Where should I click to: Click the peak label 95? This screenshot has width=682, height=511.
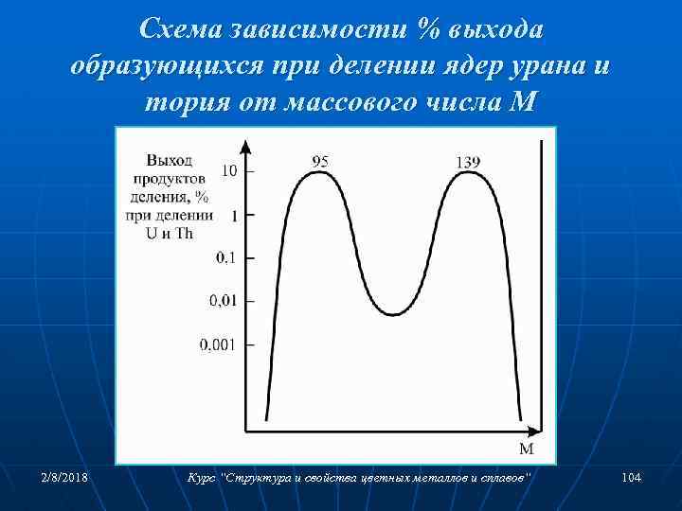click(x=320, y=162)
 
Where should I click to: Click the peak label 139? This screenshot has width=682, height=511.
click(x=468, y=162)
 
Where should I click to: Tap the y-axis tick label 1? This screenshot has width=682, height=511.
click(x=234, y=216)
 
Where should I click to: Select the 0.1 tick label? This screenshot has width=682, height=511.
click(x=227, y=257)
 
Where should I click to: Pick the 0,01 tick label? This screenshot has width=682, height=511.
click(x=224, y=301)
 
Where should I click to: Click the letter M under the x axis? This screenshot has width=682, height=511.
click(x=527, y=447)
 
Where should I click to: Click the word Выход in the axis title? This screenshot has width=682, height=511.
click(x=169, y=162)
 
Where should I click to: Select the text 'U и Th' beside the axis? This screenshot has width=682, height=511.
click(x=170, y=233)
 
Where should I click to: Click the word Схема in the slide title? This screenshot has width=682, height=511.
click(x=181, y=31)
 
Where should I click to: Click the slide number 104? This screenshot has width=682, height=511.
click(x=632, y=479)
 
